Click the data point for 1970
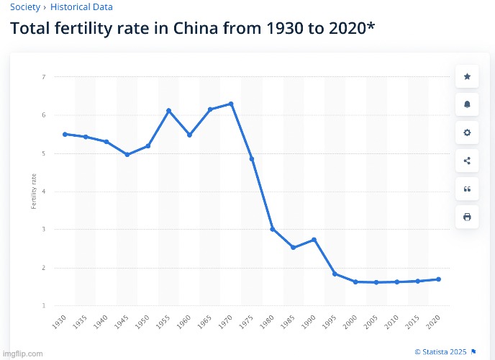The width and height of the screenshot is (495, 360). pos(231,104)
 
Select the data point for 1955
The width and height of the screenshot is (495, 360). pos(168,111)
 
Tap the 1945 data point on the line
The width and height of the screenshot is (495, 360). pos(127,155)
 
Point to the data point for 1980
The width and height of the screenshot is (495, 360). pos(273,229)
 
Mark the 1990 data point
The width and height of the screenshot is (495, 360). pos(314,240)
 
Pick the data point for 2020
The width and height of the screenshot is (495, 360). pos(439,279)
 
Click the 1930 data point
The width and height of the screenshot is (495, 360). pos(65,134)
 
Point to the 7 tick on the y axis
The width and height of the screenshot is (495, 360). pos(44,77)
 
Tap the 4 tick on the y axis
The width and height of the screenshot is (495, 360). pos(44,192)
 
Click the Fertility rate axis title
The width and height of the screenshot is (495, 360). pos(33,192)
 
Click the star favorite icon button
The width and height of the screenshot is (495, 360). pos(467,76)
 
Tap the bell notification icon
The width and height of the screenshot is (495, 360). pos(467,104)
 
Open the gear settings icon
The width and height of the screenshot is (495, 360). pos(467,132)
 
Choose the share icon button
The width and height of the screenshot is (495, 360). pos(467,161)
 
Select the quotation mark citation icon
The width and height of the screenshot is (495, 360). pos(467,189)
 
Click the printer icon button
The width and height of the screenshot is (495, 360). pos(467,217)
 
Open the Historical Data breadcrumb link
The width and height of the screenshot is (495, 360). pos(81,7)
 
